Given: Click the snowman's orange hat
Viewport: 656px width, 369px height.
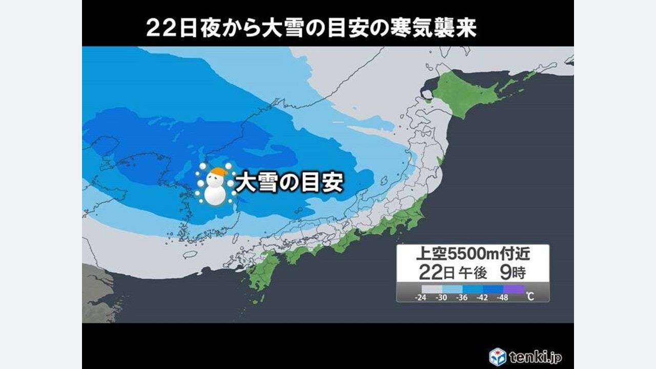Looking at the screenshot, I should coord(219,171).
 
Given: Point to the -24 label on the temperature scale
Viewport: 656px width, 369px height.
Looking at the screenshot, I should coord(422,297).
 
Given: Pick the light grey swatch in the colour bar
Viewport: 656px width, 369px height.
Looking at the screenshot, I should coord(432,289).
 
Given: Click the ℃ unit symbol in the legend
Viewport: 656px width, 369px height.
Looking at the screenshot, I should coord(530,296).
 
